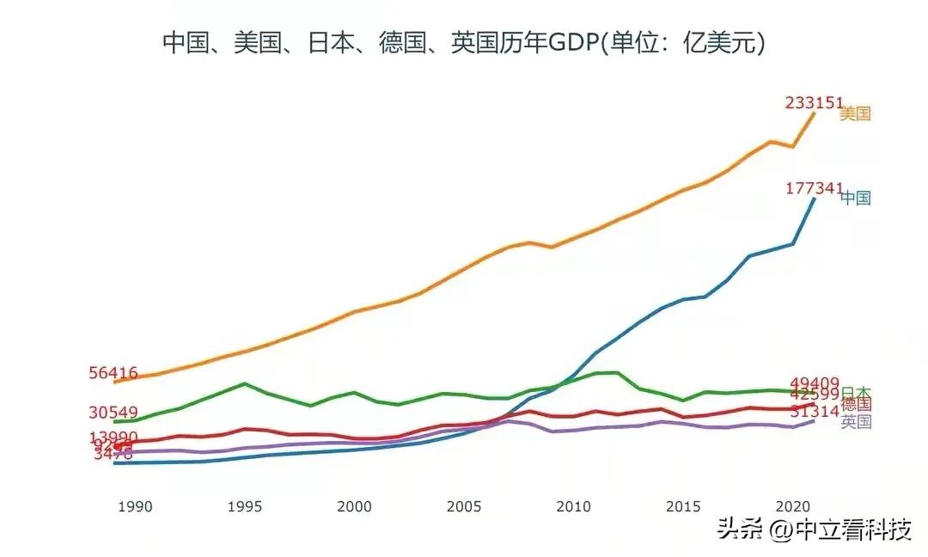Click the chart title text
(464, 42)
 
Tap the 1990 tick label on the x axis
(135, 506)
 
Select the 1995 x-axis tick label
(245, 506)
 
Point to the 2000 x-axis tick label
(354, 506)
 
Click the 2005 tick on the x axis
(464, 506)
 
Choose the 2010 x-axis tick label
(573, 506)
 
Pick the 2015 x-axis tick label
(683, 506)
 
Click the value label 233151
(814, 102)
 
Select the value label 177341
(814, 188)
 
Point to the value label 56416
(113, 373)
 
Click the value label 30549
(113, 413)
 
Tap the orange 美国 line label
(856, 113)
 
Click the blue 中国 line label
(856, 199)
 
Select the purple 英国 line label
(857, 421)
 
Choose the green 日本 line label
(856, 392)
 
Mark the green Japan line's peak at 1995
(245, 383)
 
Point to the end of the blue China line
(814, 199)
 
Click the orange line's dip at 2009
(552, 247)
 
